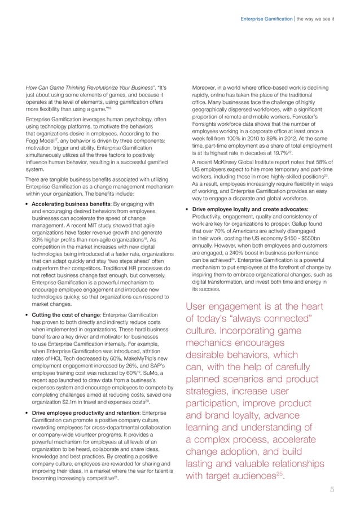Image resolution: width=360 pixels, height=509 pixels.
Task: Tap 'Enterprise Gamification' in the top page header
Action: (x=262, y=21)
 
